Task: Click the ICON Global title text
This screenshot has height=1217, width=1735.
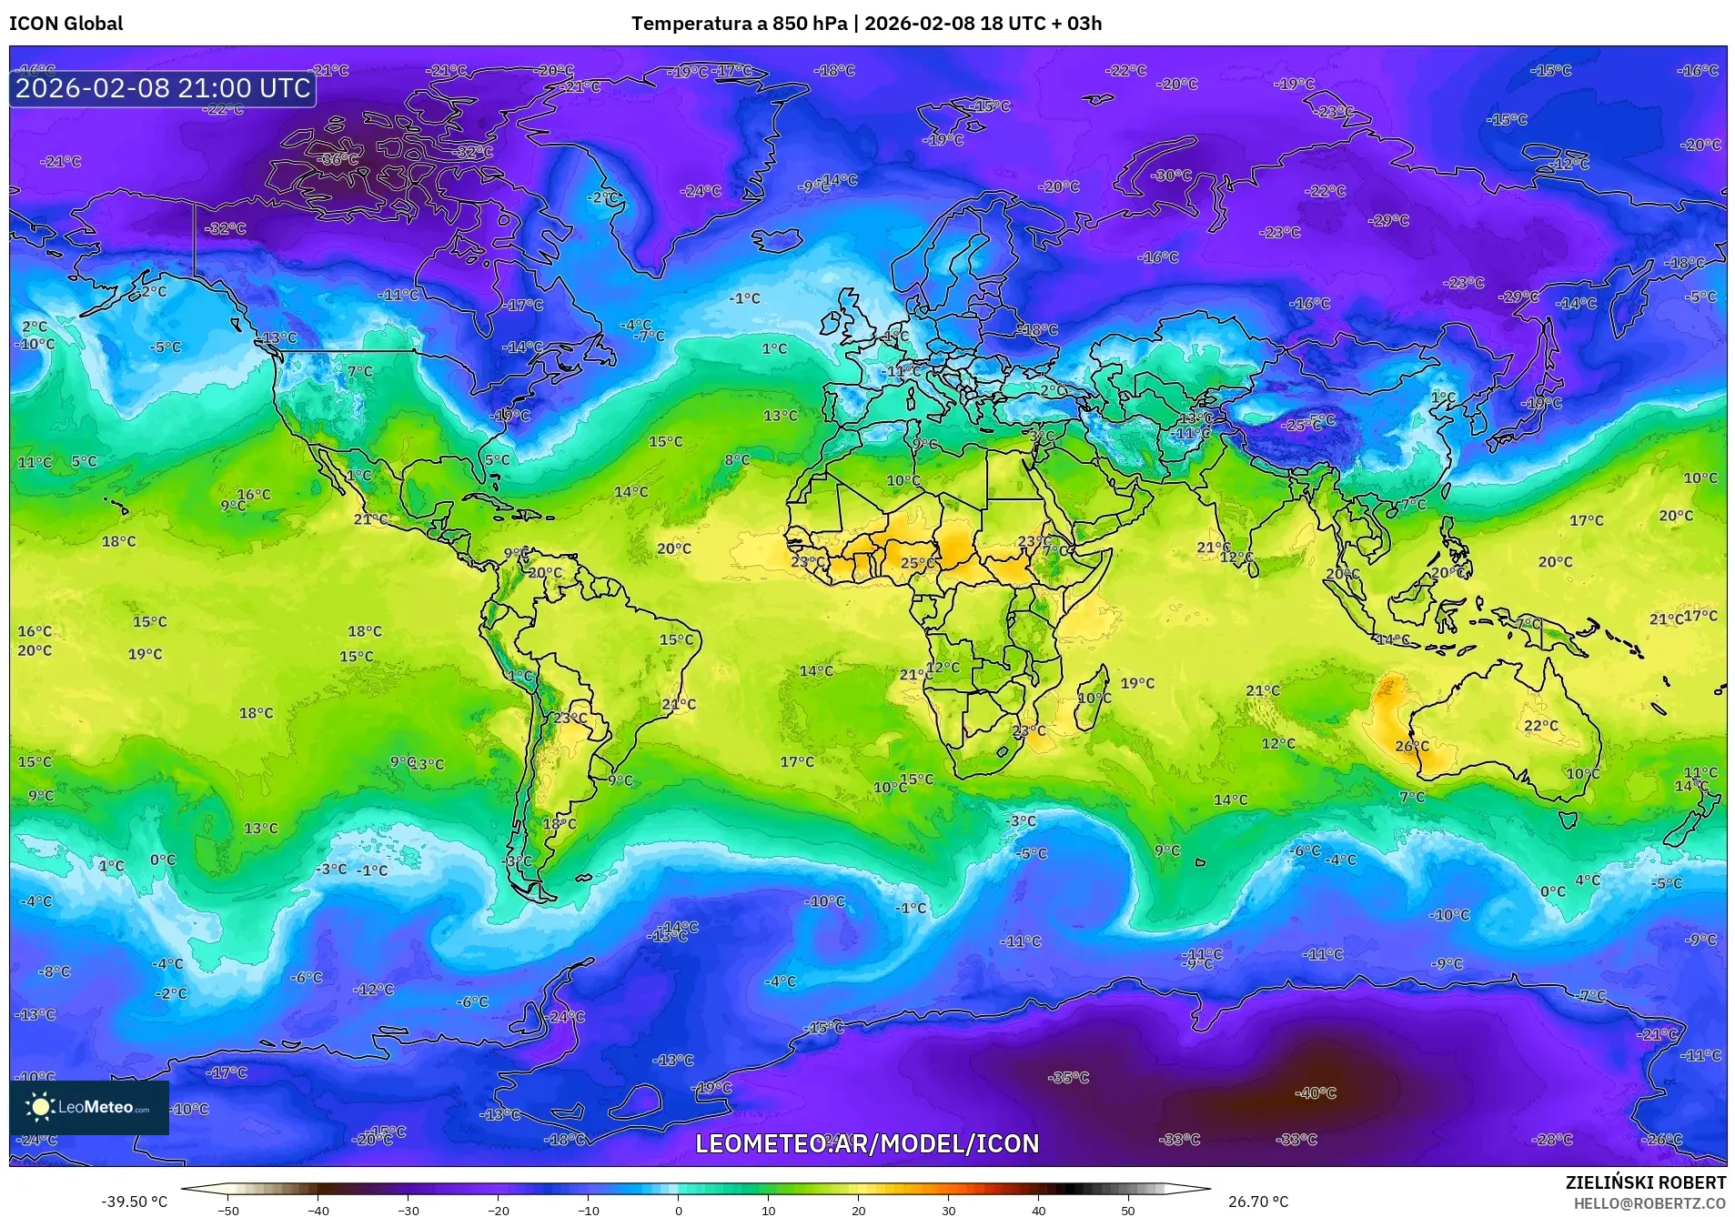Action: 66,24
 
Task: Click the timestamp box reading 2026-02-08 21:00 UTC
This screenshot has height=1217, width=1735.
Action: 163,88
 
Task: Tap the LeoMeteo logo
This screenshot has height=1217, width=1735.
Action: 89,1107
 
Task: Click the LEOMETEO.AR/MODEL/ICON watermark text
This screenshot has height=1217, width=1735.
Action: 866,1143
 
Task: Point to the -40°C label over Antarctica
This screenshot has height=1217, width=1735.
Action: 1316,1093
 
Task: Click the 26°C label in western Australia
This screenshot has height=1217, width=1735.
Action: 1412,746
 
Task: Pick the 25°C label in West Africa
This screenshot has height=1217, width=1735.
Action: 917,563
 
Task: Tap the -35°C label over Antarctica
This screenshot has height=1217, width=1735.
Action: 1069,1078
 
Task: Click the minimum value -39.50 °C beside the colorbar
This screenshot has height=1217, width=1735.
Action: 134,1202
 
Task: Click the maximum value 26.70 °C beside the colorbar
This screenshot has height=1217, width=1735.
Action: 1258,1202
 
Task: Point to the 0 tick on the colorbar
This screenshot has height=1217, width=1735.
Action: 678,1210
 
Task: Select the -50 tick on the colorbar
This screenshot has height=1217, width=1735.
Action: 228,1210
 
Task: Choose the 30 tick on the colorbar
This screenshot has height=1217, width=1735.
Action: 948,1210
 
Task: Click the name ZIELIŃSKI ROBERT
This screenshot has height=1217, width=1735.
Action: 1645,1182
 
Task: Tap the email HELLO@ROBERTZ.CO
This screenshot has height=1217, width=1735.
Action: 1649,1203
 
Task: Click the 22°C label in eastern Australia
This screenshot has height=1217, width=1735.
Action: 1541,726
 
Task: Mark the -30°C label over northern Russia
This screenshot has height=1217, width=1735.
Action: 1171,176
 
